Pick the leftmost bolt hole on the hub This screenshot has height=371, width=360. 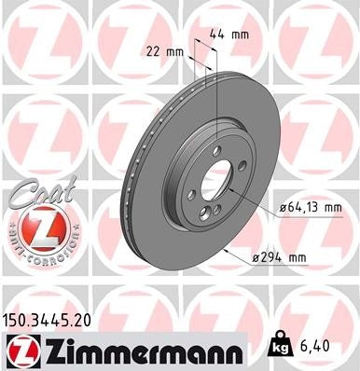(x=191, y=193)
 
